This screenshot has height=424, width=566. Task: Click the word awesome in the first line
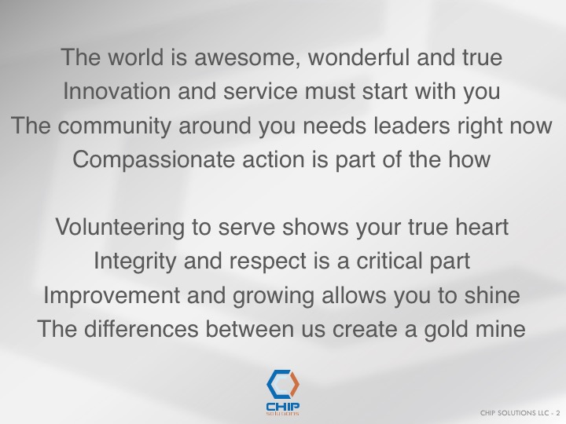tap(248, 57)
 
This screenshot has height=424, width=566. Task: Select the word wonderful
tap(358, 57)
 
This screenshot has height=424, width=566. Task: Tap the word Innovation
tap(116, 91)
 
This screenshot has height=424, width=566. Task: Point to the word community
tap(115, 126)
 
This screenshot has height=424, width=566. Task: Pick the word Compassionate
tap(154, 159)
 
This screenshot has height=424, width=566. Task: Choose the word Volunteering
tap(119, 228)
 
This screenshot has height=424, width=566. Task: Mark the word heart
tap(482, 227)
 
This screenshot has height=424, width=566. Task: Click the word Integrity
tap(135, 261)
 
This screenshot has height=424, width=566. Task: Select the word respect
tap(268, 261)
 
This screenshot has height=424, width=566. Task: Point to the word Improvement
tap(112, 295)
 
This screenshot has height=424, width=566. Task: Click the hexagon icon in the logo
tap(283, 384)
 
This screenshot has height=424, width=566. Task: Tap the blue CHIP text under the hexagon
tap(283, 407)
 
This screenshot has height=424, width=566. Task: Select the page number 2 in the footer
tap(558, 413)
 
